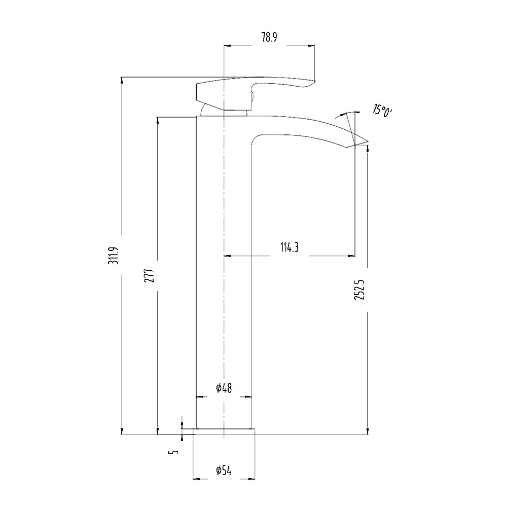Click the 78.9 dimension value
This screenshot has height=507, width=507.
269,38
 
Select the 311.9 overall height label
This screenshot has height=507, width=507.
114,255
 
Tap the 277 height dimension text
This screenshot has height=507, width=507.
149,275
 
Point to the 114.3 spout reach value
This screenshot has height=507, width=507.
289,248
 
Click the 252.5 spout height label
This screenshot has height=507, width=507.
359,290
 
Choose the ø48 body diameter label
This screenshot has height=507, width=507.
224,388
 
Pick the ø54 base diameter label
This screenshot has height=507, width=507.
224,470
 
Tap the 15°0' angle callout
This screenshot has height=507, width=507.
382,111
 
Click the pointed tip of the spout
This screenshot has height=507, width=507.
368,141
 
